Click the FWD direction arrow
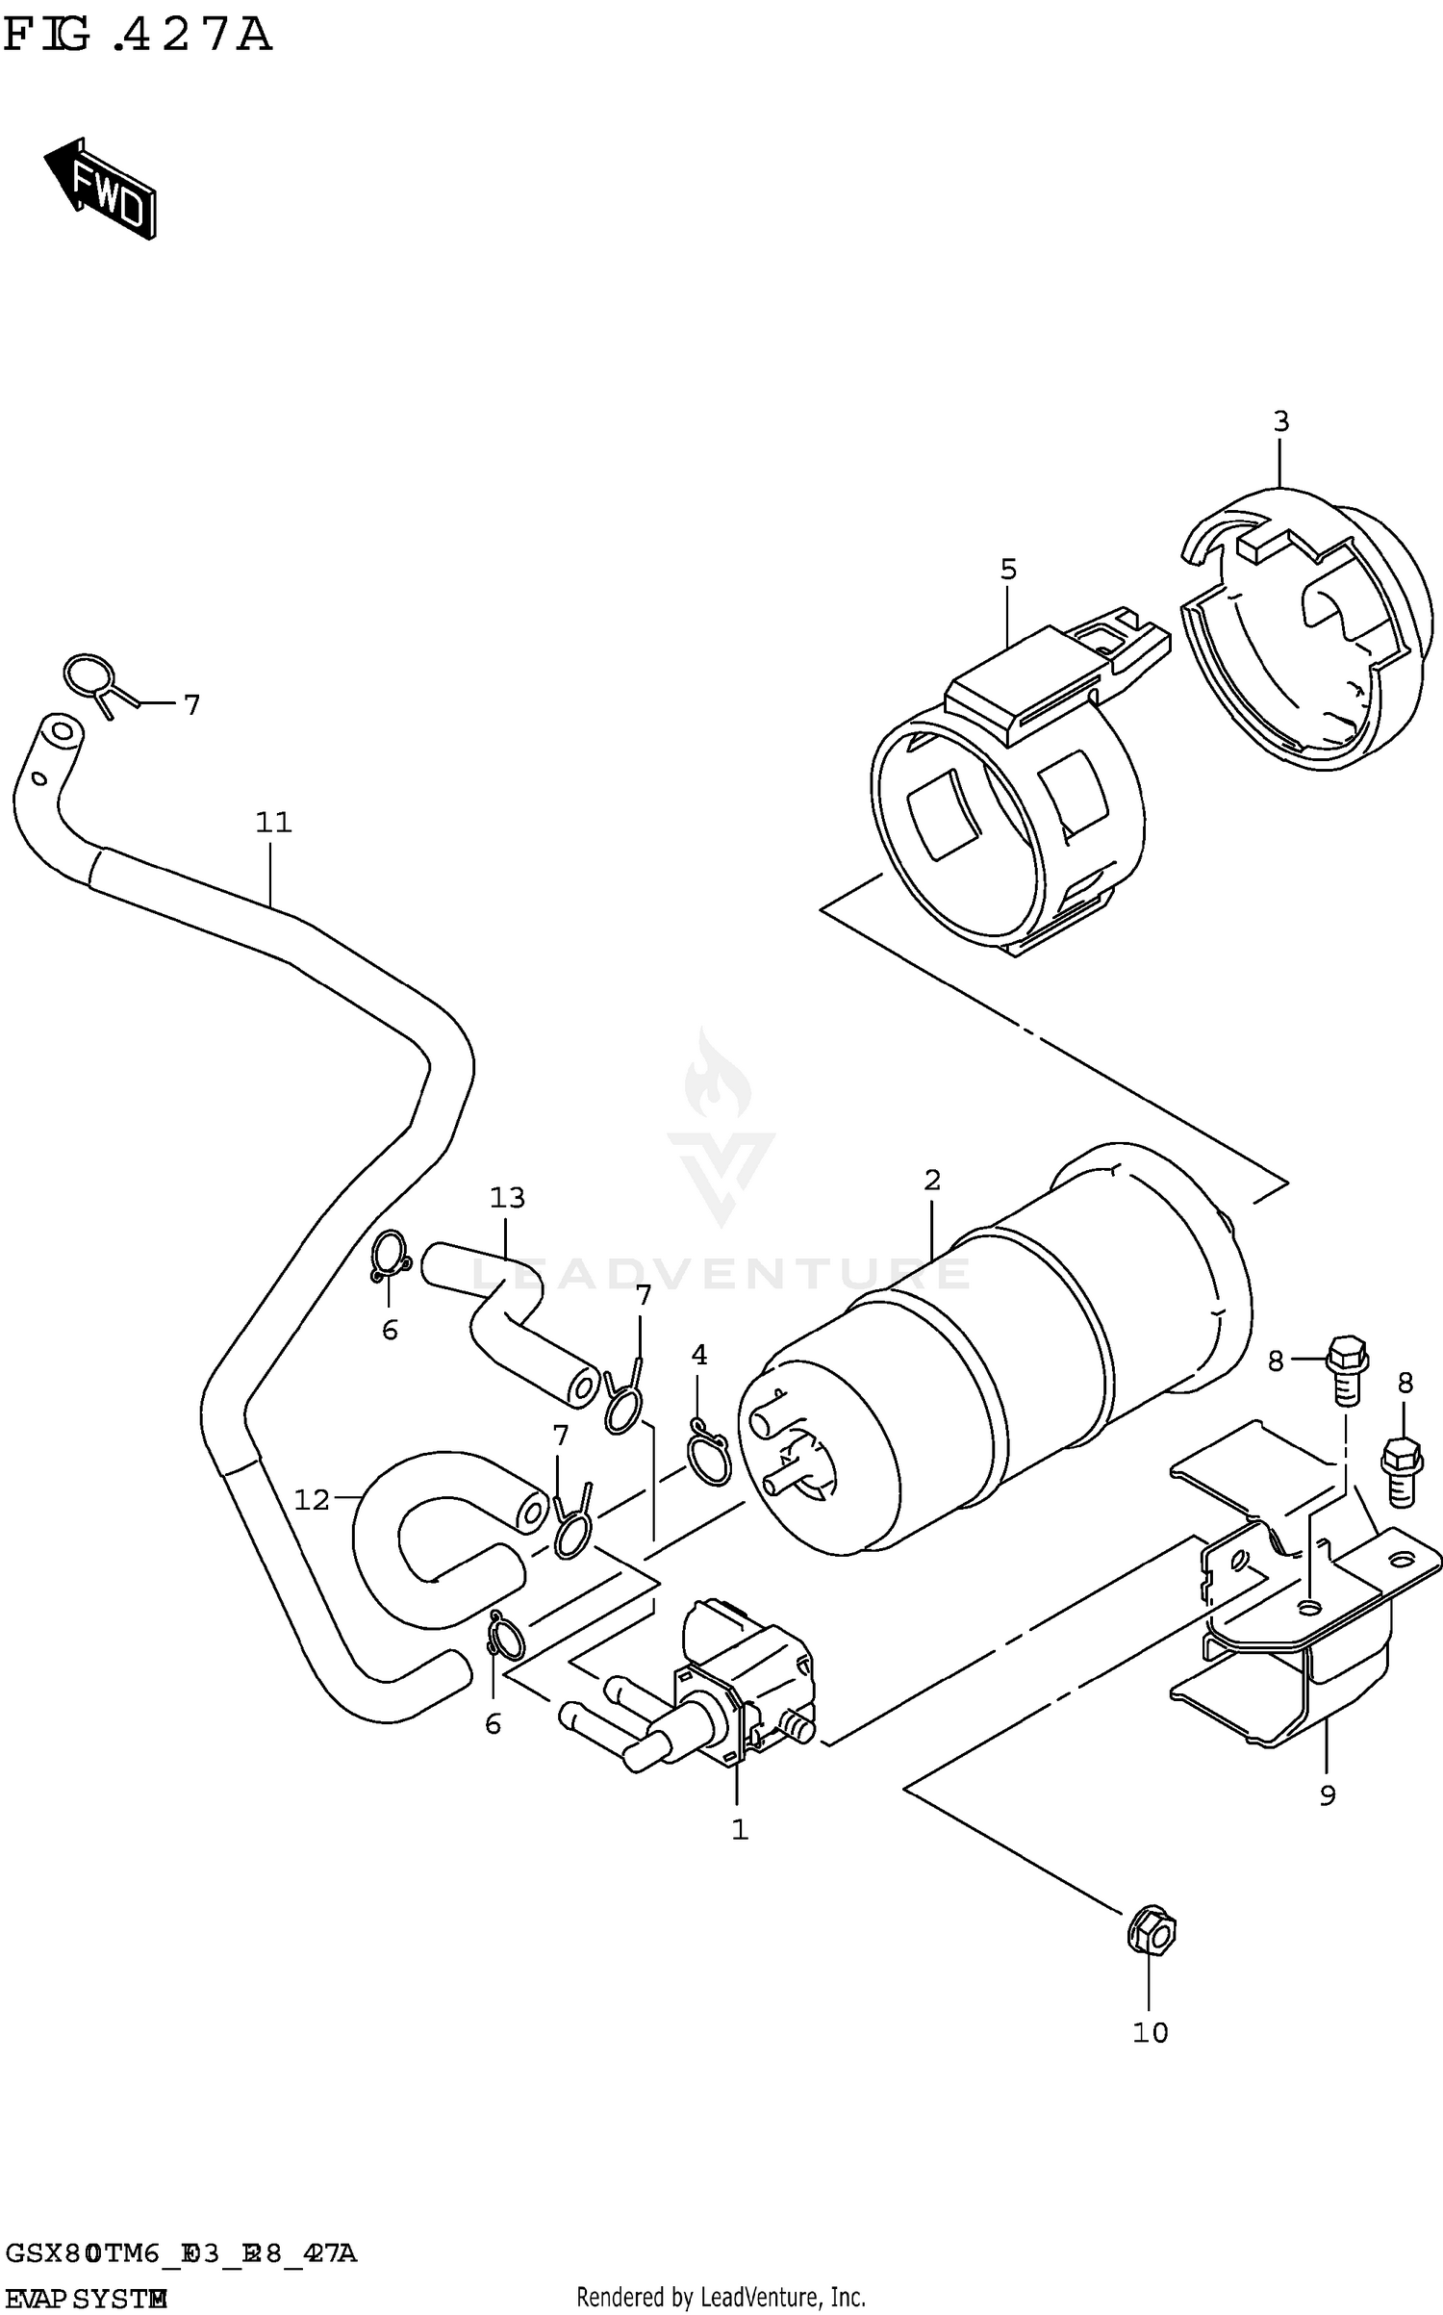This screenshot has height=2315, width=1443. [x=100, y=188]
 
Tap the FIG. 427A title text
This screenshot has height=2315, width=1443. [x=138, y=36]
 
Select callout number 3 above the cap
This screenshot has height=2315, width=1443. [x=1280, y=421]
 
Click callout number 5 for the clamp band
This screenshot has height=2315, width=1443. [x=1007, y=570]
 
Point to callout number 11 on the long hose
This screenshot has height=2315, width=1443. [x=273, y=823]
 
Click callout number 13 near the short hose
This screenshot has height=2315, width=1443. [x=507, y=1198]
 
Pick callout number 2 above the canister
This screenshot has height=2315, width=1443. [x=931, y=1180]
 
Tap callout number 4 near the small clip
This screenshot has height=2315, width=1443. [x=698, y=1355]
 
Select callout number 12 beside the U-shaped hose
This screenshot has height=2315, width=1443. [x=312, y=1499]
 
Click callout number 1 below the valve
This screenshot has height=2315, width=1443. [x=739, y=1830]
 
